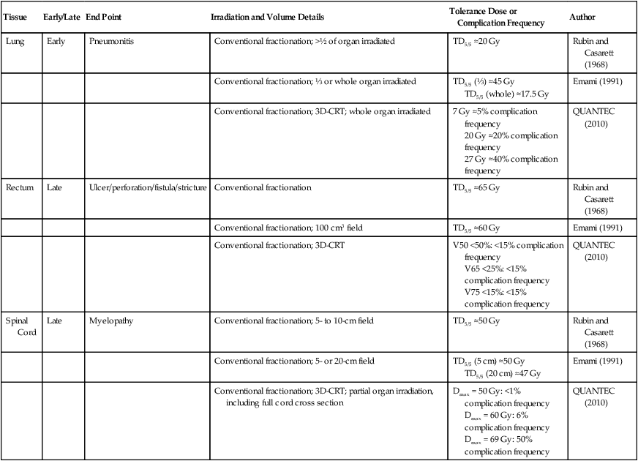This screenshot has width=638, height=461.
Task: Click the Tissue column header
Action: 17,16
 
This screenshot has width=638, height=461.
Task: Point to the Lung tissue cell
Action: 15,42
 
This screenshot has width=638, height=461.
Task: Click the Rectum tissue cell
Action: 19,188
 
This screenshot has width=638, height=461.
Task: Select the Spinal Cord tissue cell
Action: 18,326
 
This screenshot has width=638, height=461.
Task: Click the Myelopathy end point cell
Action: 111,321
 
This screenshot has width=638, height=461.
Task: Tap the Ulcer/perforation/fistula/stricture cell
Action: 148,188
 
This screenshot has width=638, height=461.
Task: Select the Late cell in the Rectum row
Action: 53,188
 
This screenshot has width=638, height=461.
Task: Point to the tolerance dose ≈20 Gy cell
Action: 476,42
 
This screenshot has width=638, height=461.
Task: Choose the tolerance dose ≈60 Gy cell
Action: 476,229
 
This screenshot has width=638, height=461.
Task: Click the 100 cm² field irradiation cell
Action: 288,228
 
